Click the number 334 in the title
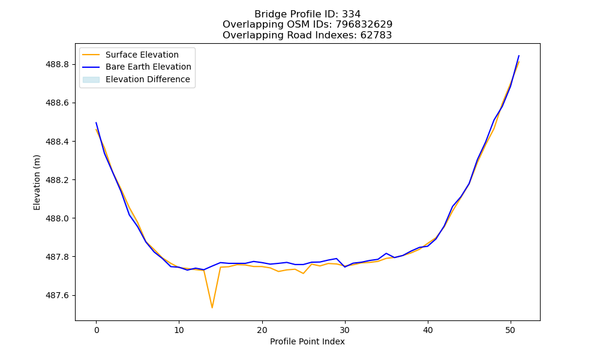(351, 14)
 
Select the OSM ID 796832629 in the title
(364, 25)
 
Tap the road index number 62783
(376, 35)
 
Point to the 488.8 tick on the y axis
(57, 64)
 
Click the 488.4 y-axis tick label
(57, 142)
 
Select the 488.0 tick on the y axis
(57, 218)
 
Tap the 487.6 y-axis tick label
(57, 295)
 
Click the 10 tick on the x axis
(179, 330)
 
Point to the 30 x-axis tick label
(345, 330)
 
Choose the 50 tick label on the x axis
(511, 330)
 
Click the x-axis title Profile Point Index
(307, 341)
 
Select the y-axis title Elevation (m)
(37, 182)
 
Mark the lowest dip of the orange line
(212, 308)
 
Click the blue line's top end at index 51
(519, 55)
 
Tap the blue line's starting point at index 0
(96, 122)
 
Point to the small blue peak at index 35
(386, 253)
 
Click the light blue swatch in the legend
(91, 80)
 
